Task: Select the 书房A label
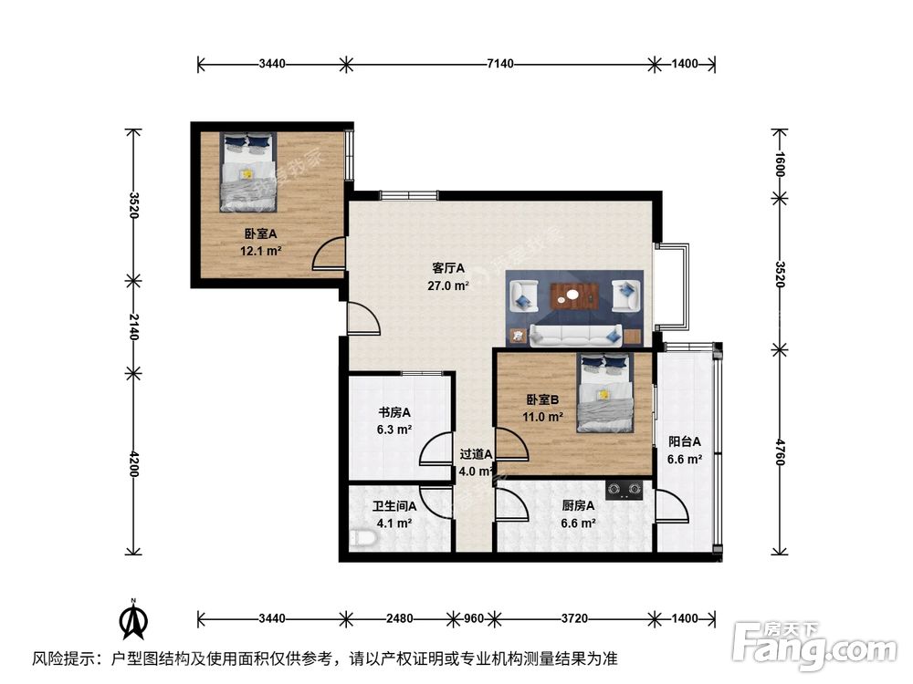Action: [394, 411]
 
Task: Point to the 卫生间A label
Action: [394, 506]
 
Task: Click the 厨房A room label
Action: [578, 506]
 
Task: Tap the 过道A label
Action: [476, 453]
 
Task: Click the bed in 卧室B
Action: [605, 393]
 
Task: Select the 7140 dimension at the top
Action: [501, 64]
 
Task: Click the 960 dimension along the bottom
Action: [473, 618]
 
